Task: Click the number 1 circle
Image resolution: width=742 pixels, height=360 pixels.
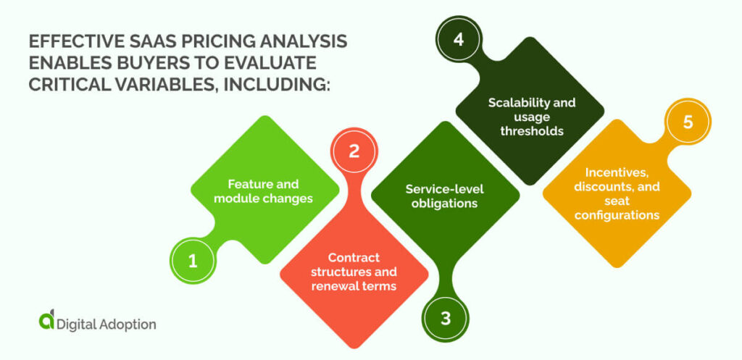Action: click(193, 261)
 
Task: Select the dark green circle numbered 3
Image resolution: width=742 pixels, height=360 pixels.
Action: click(445, 317)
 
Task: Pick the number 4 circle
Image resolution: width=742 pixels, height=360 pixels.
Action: click(458, 40)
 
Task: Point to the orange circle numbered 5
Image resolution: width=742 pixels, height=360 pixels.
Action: click(687, 122)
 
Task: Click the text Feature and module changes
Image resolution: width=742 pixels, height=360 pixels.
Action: click(263, 191)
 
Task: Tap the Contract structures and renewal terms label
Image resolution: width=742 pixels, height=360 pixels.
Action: click(354, 272)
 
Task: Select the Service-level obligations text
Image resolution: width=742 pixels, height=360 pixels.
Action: click(444, 196)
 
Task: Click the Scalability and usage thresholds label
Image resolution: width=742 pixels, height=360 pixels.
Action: click(531, 117)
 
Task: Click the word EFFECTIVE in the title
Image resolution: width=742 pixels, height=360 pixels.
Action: click(64, 41)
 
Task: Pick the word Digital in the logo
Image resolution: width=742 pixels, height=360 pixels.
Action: click(78, 324)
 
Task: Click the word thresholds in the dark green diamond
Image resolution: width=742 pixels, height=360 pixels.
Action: click(531, 131)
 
